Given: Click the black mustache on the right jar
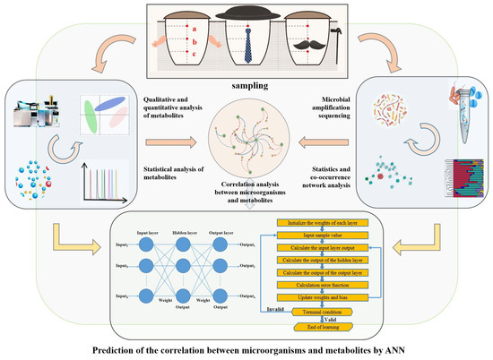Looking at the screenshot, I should [x=323, y=48].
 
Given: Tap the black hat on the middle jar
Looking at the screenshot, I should [x=245, y=15].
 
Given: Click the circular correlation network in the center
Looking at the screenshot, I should [x=246, y=143].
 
